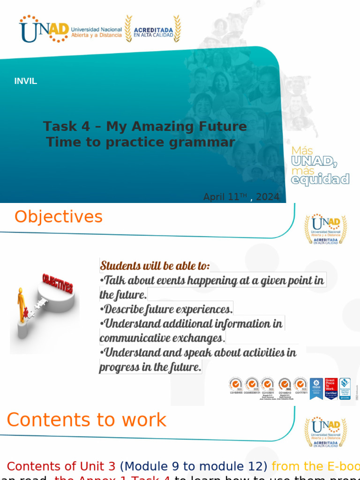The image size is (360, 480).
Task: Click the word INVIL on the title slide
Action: click(25, 81)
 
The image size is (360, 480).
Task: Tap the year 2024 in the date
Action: click(268, 197)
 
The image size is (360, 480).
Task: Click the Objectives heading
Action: click(59, 217)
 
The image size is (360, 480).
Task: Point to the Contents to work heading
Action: click(87, 420)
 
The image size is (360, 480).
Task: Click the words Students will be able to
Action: click(155, 266)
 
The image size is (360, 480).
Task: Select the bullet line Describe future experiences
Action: click(167, 309)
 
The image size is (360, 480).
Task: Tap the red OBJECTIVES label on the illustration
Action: click(58, 284)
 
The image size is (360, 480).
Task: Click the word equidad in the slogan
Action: click(320, 179)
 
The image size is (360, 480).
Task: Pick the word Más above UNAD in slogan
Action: click(302, 150)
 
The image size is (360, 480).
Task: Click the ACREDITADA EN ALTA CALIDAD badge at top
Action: click(153, 30)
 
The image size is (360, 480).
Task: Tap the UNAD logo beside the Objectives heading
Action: click(326, 229)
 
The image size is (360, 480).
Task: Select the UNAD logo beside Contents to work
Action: click(326, 432)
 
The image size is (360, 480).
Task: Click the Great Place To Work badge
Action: click(331, 388)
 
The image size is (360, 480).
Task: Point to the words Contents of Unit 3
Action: click(61, 466)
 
